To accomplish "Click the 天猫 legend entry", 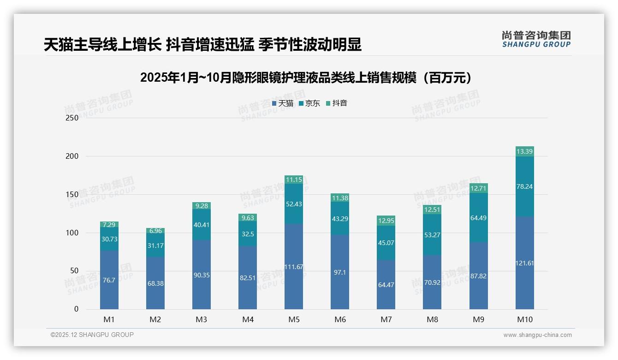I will click(283, 103).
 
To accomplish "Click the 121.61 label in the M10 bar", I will click(524, 263).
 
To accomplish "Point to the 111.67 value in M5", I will click(294, 267).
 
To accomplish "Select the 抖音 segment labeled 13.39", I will click(524, 151).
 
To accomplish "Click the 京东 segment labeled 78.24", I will click(524, 186).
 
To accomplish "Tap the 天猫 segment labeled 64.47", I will click(386, 285).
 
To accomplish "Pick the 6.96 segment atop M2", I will click(155, 231).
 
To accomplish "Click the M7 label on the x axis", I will click(386, 319).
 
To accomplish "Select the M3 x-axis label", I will click(202, 319).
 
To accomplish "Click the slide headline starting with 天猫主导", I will click(202, 44).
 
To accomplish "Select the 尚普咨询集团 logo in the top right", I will click(536, 39).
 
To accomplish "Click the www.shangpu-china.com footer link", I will click(537, 335).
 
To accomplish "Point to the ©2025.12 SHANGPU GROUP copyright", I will click(92, 335).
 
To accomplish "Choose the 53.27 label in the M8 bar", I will click(432, 235).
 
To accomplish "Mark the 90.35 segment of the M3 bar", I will click(202, 275).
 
